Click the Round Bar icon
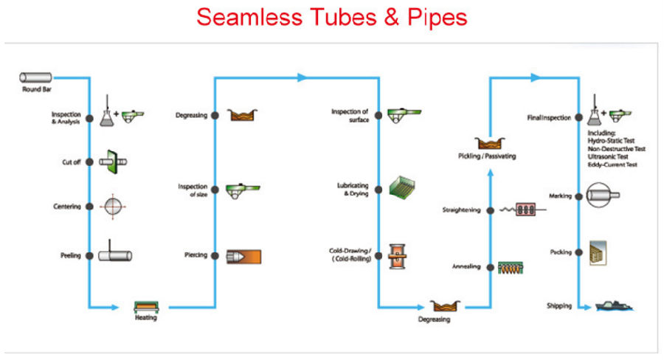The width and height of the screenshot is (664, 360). pyautogui.click(x=35, y=77)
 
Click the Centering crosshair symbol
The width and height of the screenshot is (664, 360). pyautogui.click(x=111, y=207)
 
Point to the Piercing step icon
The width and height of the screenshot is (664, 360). pyautogui.click(x=244, y=256)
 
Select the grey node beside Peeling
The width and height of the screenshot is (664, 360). pyautogui.click(x=89, y=256)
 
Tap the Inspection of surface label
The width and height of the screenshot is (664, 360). pyautogui.click(x=350, y=115)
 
